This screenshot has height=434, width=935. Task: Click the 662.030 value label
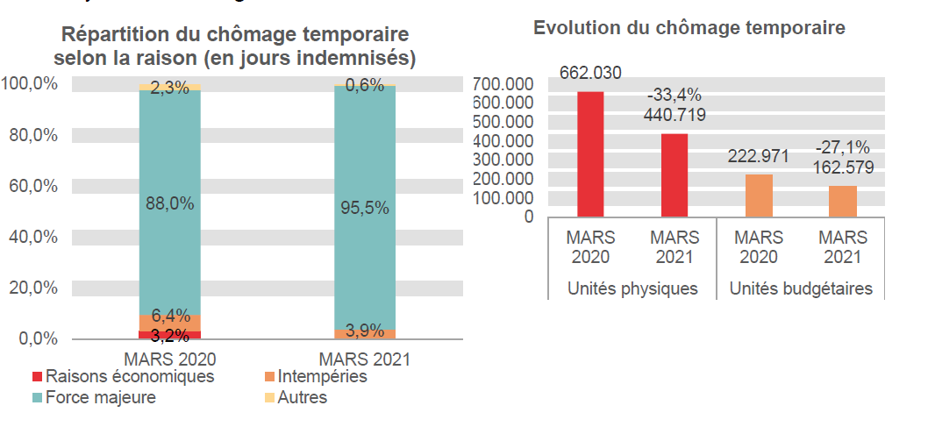pyautogui.click(x=590, y=73)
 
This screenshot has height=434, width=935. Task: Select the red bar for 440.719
pyautogui.click(x=674, y=174)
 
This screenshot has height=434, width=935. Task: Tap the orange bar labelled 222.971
pyautogui.click(x=759, y=195)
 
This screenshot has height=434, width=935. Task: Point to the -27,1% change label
pyautogui.click(x=842, y=146)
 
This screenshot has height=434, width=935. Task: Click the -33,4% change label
pyautogui.click(x=674, y=95)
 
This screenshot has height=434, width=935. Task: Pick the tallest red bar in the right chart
pyautogui.click(x=590, y=153)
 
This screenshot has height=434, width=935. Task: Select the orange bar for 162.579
pyautogui.click(x=842, y=201)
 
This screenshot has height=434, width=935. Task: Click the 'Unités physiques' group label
pyautogui.click(x=632, y=288)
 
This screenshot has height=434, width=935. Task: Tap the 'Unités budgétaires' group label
pyautogui.click(x=801, y=288)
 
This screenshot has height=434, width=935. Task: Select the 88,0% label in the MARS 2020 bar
pyautogui.click(x=170, y=203)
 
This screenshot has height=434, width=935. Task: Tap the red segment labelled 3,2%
pyautogui.click(x=170, y=335)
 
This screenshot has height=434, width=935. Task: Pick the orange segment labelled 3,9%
pyautogui.click(x=365, y=334)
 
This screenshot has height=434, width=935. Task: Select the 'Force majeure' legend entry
pyautogui.click(x=100, y=397)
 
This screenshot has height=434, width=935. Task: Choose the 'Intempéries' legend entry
pyautogui.click(x=321, y=377)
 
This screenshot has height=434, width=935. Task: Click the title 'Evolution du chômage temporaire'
pyautogui.click(x=689, y=28)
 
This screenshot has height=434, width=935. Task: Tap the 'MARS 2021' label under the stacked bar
pyautogui.click(x=365, y=359)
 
